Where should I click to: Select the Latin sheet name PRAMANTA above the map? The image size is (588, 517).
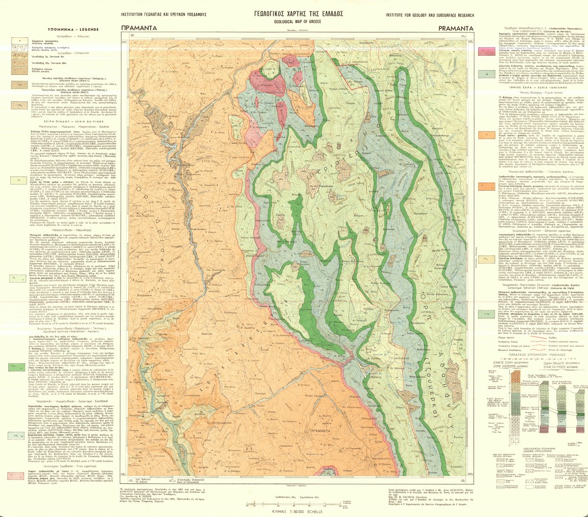point(456,28)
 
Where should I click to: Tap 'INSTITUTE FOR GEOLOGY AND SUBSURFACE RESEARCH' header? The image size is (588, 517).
point(430,15)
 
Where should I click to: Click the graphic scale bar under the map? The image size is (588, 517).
point(294,505)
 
